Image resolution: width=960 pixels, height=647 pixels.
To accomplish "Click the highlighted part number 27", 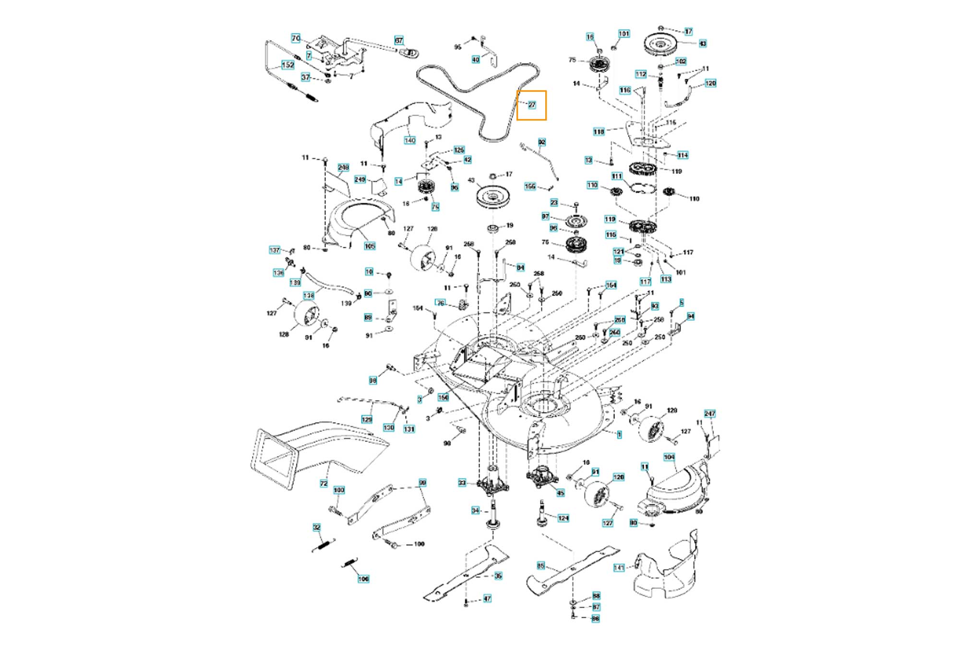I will (531, 105).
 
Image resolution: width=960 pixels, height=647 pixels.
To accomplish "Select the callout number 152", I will (288, 65).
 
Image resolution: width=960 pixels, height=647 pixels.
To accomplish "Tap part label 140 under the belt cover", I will (409, 140).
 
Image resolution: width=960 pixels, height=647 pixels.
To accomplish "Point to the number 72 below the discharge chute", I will (324, 483).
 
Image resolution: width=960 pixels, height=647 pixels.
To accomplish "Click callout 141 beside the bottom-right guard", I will (619, 568).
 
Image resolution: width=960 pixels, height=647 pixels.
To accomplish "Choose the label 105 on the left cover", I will (369, 246).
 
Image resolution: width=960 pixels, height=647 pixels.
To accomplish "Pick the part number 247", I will (709, 414).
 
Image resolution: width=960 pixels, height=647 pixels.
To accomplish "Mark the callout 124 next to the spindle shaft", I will (563, 518).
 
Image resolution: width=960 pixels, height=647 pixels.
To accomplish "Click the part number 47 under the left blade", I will (487, 598).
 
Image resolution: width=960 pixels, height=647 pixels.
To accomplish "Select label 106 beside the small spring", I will (363, 579).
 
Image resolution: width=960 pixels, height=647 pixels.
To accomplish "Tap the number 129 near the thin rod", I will (367, 419).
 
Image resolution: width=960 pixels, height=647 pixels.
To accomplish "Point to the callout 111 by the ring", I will (617, 176).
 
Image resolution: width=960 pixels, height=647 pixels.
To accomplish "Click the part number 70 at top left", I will (296, 38).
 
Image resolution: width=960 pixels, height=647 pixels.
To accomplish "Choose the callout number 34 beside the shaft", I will (475, 510).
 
